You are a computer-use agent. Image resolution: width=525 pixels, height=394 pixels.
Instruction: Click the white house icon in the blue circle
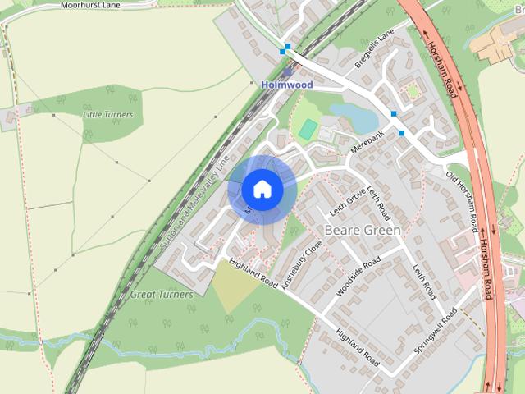click(x=262, y=189)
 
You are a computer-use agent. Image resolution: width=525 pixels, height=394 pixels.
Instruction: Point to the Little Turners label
click(x=107, y=114)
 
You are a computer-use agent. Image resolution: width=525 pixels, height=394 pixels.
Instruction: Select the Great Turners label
click(x=162, y=294)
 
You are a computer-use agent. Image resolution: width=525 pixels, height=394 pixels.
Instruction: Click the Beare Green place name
click(x=363, y=231)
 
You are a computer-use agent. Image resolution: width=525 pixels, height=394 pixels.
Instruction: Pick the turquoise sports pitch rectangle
click(x=308, y=129)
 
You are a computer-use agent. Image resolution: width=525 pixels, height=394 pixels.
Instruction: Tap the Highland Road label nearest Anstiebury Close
click(x=254, y=273)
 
